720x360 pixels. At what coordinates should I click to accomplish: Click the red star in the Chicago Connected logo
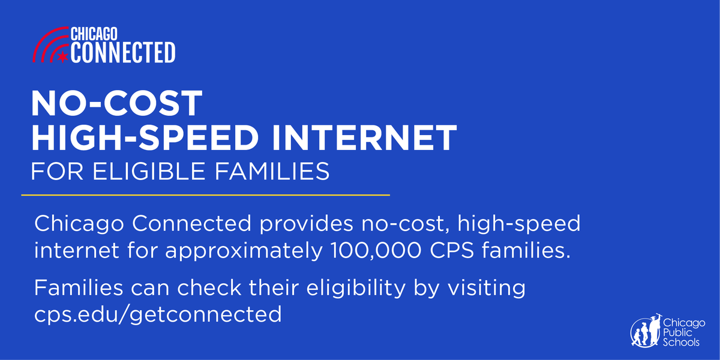61,57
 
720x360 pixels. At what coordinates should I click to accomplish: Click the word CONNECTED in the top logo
123,52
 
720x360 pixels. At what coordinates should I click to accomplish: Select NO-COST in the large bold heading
117,104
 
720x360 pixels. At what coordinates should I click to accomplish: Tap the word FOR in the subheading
50,172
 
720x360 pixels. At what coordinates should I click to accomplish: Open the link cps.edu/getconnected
158,314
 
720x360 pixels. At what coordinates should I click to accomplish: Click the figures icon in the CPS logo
646,331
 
